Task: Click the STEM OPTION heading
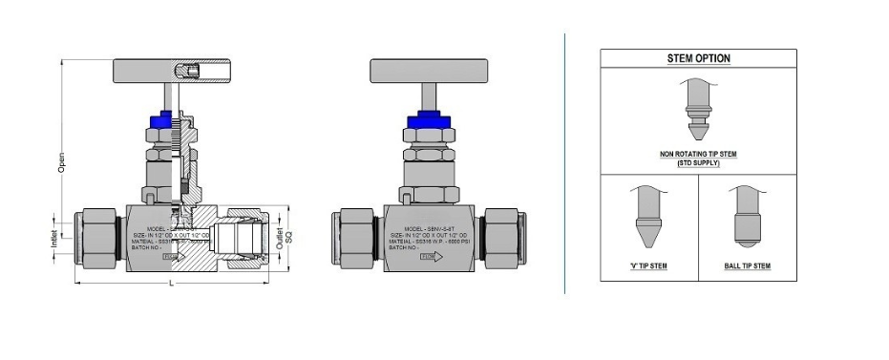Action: point(698,58)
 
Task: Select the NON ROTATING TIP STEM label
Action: point(698,153)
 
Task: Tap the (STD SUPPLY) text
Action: point(698,162)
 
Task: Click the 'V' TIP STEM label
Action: point(648,265)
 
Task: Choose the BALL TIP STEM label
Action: point(747,265)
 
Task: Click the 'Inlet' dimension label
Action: point(54,235)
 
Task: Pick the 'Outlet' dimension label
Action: point(279,235)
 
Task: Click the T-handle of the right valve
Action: point(426,70)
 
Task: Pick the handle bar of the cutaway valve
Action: point(172,70)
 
